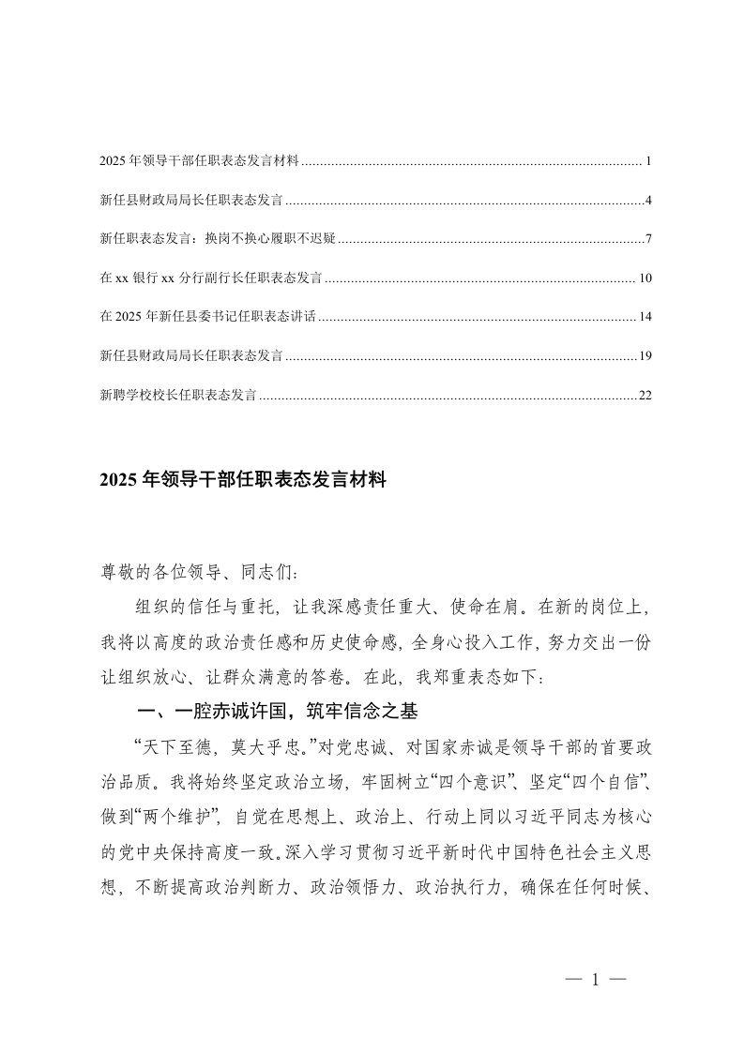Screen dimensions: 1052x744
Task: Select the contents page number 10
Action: [x=645, y=278]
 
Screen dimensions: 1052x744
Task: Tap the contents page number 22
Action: [x=645, y=396]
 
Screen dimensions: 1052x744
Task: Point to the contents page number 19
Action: [x=645, y=356]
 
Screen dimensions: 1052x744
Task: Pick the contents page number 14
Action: [x=645, y=318]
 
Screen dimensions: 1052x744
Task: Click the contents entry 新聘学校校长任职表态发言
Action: [x=177, y=396]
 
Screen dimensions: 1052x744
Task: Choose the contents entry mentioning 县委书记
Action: [x=209, y=318]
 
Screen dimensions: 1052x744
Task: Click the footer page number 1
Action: [x=596, y=980]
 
